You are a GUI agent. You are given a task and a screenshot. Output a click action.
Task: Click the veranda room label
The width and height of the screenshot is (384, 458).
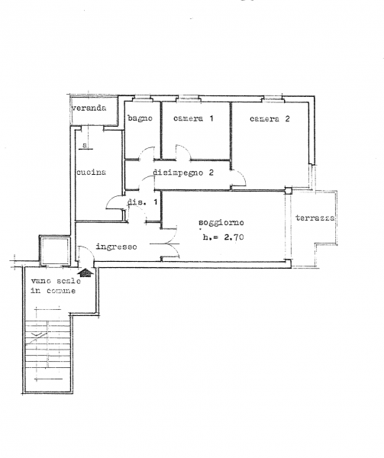[89, 108]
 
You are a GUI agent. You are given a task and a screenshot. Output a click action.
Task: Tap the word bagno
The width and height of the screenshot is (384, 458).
[140, 118]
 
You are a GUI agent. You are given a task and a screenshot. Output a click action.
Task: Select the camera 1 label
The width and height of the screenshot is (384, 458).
[193, 118]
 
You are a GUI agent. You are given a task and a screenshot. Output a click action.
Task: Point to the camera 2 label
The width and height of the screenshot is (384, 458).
[269, 118]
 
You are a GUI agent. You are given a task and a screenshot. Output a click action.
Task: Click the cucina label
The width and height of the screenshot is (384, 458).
[91, 172]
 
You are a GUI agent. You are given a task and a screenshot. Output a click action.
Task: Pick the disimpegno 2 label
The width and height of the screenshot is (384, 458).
[183, 173]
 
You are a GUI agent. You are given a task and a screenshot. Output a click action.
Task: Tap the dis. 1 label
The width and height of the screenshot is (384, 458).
[143, 202]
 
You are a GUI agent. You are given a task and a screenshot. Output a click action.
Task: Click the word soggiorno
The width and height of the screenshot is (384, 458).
[221, 223]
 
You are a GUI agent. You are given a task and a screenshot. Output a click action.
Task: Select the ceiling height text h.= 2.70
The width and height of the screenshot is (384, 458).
[224, 237]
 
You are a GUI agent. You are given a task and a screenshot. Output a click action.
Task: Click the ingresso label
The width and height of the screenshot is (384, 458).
[116, 247]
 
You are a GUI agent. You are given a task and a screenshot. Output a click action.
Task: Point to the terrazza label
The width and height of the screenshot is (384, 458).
[315, 218]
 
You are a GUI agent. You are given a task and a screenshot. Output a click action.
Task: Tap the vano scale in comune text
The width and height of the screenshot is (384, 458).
[56, 285]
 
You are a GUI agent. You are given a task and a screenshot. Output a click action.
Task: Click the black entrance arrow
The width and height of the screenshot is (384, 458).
[86, 273]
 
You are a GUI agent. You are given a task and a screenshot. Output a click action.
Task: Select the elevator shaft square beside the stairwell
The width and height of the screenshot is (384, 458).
[55, 250]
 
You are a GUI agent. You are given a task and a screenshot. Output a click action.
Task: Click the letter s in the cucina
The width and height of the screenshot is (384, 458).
[85, 145]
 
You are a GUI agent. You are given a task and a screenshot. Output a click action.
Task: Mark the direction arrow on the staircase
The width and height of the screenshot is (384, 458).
[36, 335]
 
